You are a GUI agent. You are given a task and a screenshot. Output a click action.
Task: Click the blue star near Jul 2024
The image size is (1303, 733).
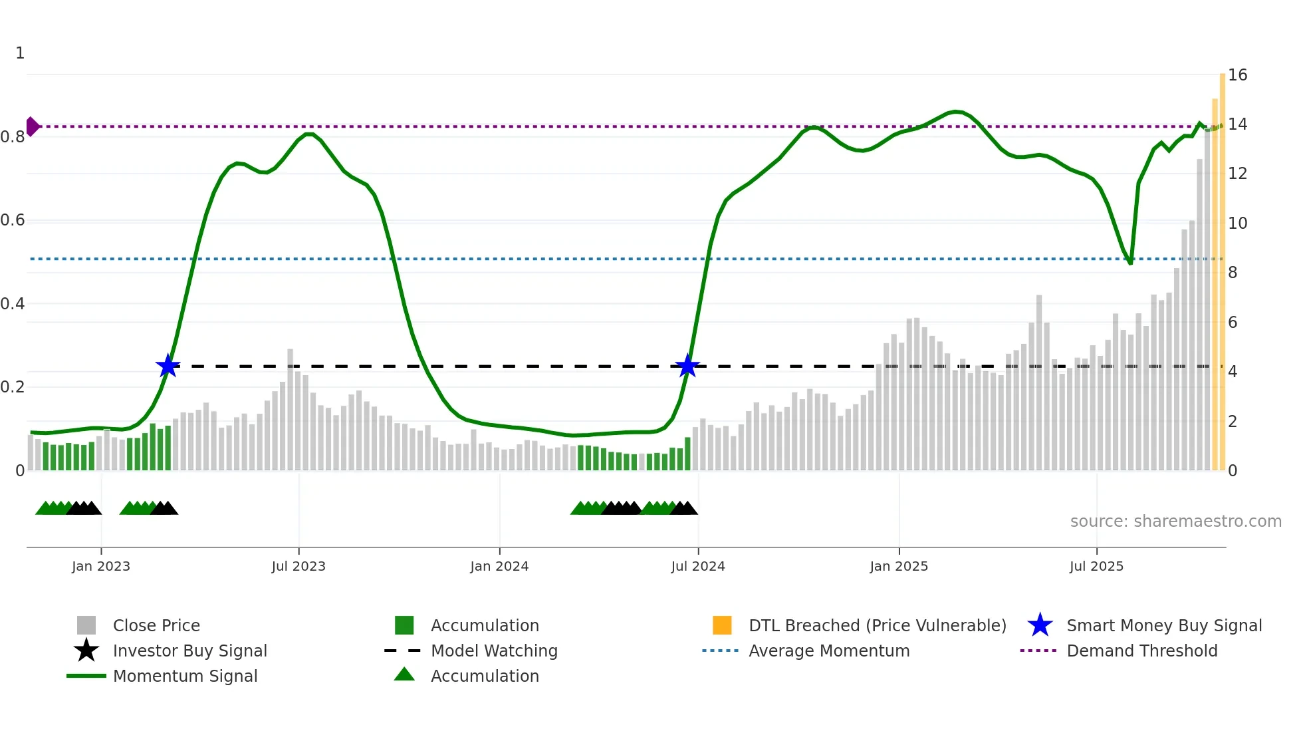[x=687, y=366]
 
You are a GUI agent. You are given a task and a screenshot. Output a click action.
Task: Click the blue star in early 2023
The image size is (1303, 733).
[x=168, y=366]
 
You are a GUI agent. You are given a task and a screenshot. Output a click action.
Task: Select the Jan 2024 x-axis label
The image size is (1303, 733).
[x=499, y=566]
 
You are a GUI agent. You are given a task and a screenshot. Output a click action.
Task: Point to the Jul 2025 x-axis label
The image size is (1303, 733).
[x=1096, y=566]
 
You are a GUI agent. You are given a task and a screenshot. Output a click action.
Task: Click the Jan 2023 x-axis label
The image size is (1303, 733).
[x=101, y=566]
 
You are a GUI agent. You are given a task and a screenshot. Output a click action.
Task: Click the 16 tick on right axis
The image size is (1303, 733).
[x=1237, y=75]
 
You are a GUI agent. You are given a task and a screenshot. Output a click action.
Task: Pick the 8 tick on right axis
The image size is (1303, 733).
[x=1233, y=273]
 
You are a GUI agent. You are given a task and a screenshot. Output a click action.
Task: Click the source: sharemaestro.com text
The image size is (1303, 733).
[x=1175, y=521]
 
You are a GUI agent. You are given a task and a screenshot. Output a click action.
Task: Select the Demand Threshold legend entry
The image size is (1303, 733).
[x=1141, y=651]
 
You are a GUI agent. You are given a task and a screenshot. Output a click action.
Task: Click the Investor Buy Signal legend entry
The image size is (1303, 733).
[x=189, y=651]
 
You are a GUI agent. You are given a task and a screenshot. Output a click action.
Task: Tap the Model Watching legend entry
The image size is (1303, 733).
[x=494, y=651]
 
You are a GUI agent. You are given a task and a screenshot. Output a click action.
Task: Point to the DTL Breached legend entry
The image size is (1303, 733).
[x=877, y=625]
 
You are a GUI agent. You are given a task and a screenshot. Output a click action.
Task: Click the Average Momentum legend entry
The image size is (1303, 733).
[x=828, y=651]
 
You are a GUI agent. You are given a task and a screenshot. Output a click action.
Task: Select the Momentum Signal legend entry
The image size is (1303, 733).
[x=185, y=676]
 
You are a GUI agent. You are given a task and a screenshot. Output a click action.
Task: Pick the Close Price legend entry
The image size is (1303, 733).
[x=156, y=625]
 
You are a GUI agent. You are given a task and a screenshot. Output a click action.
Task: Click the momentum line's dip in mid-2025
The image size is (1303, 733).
[x=1130, y=263]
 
